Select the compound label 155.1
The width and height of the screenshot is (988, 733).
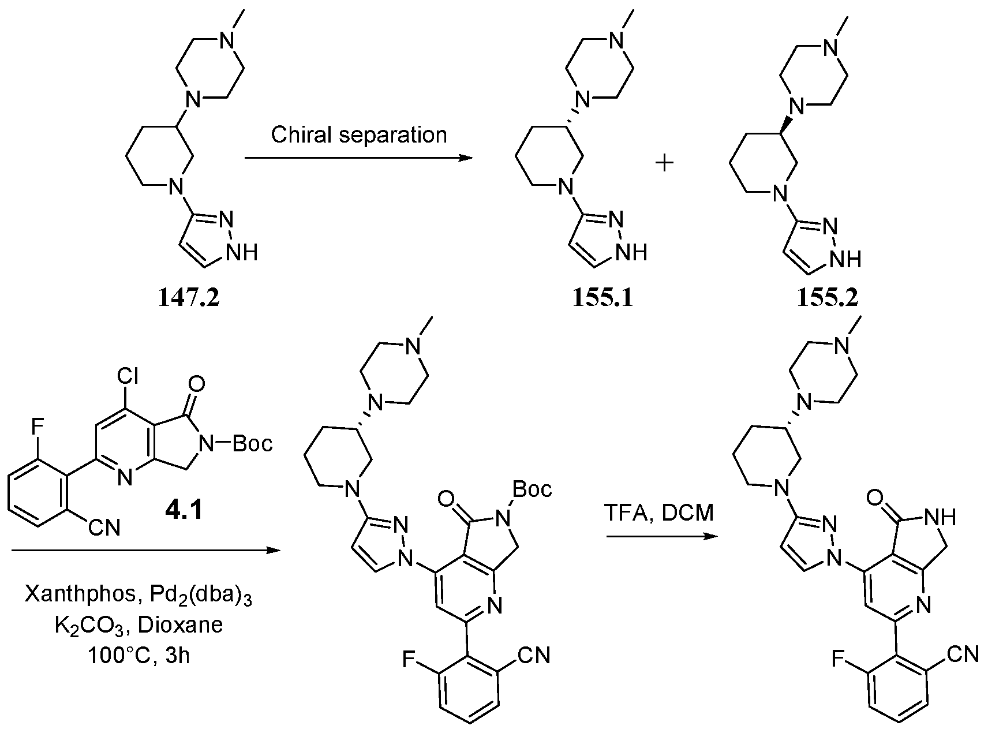(602, 299)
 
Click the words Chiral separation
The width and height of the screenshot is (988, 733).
(359, 135)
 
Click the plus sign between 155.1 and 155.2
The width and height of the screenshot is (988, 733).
(665, 164)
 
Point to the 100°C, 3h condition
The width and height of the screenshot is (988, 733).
(139, 656)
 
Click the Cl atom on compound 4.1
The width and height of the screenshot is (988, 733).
(128, 377)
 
